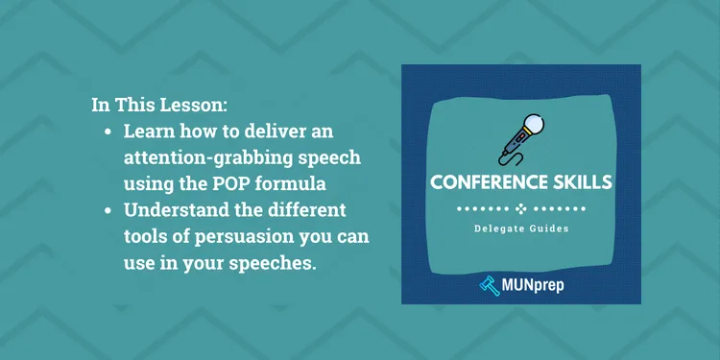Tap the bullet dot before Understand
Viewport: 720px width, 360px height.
(108, 209)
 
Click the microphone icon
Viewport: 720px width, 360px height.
(519, 140)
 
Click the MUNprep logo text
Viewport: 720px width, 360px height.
(537, 286)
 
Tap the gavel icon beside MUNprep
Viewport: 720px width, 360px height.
(488, 285)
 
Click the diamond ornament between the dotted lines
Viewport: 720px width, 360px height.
(521, 206)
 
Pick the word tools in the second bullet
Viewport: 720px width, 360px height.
(146, 234)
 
